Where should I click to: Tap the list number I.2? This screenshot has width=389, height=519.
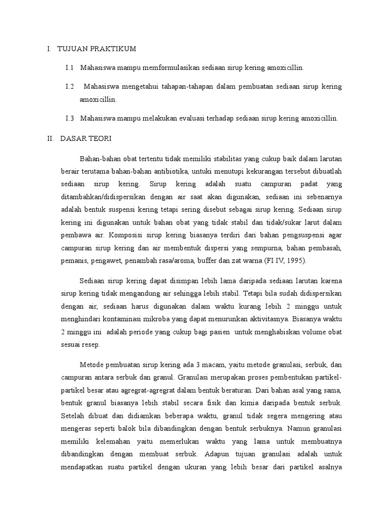[x=70, y=87]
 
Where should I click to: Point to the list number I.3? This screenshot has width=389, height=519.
[x=70, y=118]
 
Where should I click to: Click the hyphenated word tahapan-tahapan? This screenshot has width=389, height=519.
[x=167, y=87]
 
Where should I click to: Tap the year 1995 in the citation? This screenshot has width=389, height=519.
[x=291, y=261]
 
